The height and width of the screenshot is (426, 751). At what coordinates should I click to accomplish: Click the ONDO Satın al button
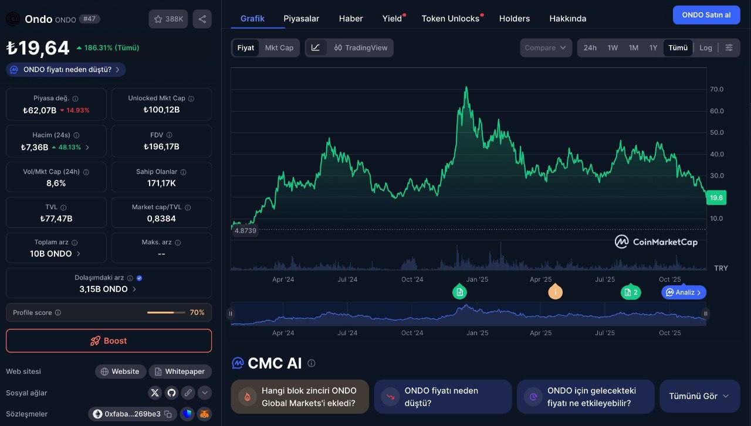706,15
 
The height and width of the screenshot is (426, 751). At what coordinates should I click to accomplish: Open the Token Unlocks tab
450,18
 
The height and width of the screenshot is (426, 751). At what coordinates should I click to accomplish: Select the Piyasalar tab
301,18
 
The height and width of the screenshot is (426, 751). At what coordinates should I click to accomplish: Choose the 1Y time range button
653,47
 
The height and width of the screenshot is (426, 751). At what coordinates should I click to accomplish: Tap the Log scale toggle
705,47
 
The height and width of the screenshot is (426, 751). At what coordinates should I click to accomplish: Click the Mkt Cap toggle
279,47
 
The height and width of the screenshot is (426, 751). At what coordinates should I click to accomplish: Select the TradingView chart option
361,47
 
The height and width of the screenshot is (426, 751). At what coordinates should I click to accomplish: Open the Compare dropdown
546,47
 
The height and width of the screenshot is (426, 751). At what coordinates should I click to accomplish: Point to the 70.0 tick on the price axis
716,89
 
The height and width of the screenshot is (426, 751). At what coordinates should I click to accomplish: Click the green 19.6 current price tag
716,198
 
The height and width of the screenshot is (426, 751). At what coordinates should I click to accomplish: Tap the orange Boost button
109,340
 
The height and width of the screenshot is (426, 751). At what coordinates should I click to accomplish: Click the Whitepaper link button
180,372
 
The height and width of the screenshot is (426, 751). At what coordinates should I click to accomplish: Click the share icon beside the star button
202,19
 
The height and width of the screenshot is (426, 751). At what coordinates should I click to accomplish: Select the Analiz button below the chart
684,292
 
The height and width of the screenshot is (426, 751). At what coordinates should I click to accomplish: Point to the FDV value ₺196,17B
161,146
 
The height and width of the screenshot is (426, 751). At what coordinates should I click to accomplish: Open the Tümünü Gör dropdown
699,396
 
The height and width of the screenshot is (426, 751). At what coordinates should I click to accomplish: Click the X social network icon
155,393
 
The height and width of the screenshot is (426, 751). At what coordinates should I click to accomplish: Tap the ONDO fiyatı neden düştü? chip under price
66,70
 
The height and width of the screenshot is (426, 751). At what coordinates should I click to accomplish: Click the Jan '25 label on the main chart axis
476,280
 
